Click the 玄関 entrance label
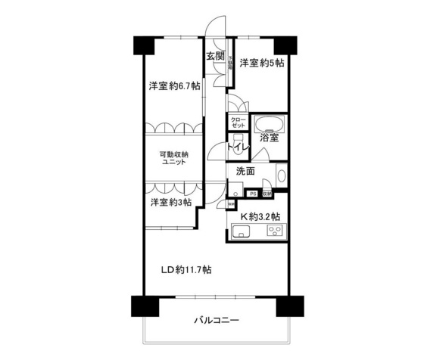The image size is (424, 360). click(214, 57)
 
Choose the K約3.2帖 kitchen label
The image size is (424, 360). click(261, 217)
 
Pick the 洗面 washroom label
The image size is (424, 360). click(245, 171)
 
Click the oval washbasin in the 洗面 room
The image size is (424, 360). click(281, 176)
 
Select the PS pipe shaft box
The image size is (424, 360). click(252, 194)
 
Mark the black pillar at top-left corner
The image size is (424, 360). click(143, 45)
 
